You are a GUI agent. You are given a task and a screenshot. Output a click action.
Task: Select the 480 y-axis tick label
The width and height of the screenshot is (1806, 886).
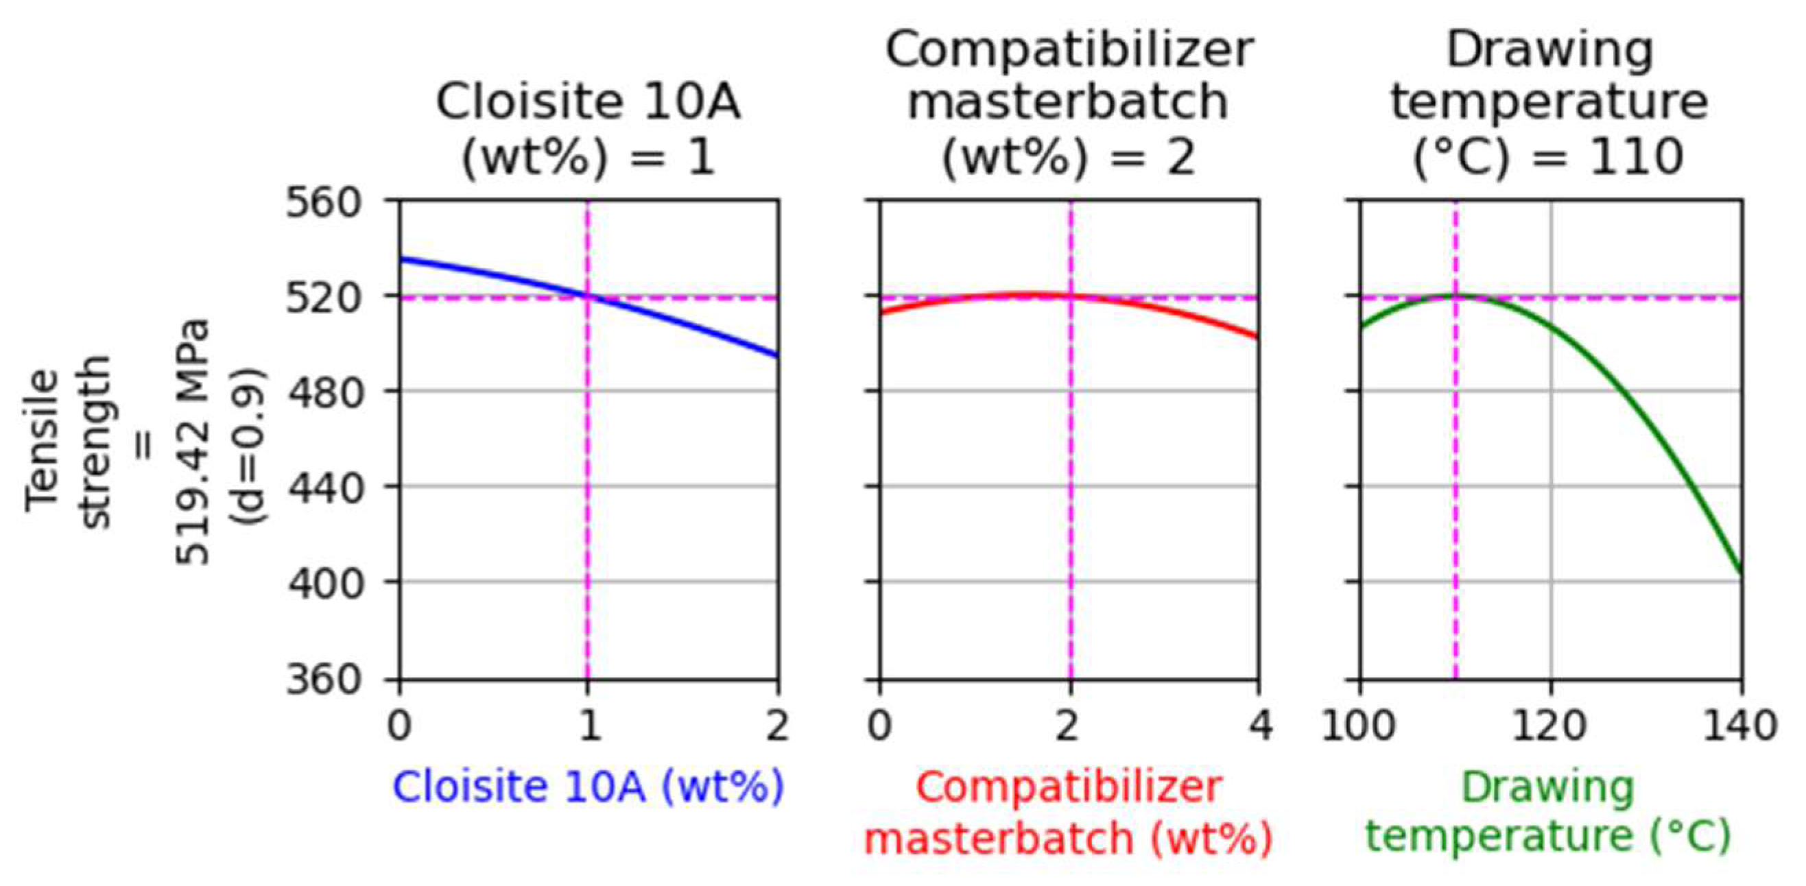pos(323,390)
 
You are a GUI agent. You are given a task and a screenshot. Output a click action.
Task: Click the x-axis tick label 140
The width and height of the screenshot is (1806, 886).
pos(1742,725)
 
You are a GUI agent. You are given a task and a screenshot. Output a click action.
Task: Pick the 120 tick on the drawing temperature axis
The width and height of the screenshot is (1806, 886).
pos(1550,725)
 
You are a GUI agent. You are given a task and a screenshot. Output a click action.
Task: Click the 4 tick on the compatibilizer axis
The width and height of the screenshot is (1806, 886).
pos(1260,725)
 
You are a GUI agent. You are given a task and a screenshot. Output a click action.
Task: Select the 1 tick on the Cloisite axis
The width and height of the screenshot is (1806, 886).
pos(589,725)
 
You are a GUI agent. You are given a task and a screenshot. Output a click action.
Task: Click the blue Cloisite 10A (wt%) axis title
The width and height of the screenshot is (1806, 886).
pos(589,787)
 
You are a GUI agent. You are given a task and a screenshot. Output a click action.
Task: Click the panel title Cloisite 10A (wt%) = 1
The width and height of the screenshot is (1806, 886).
pos(589,130)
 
